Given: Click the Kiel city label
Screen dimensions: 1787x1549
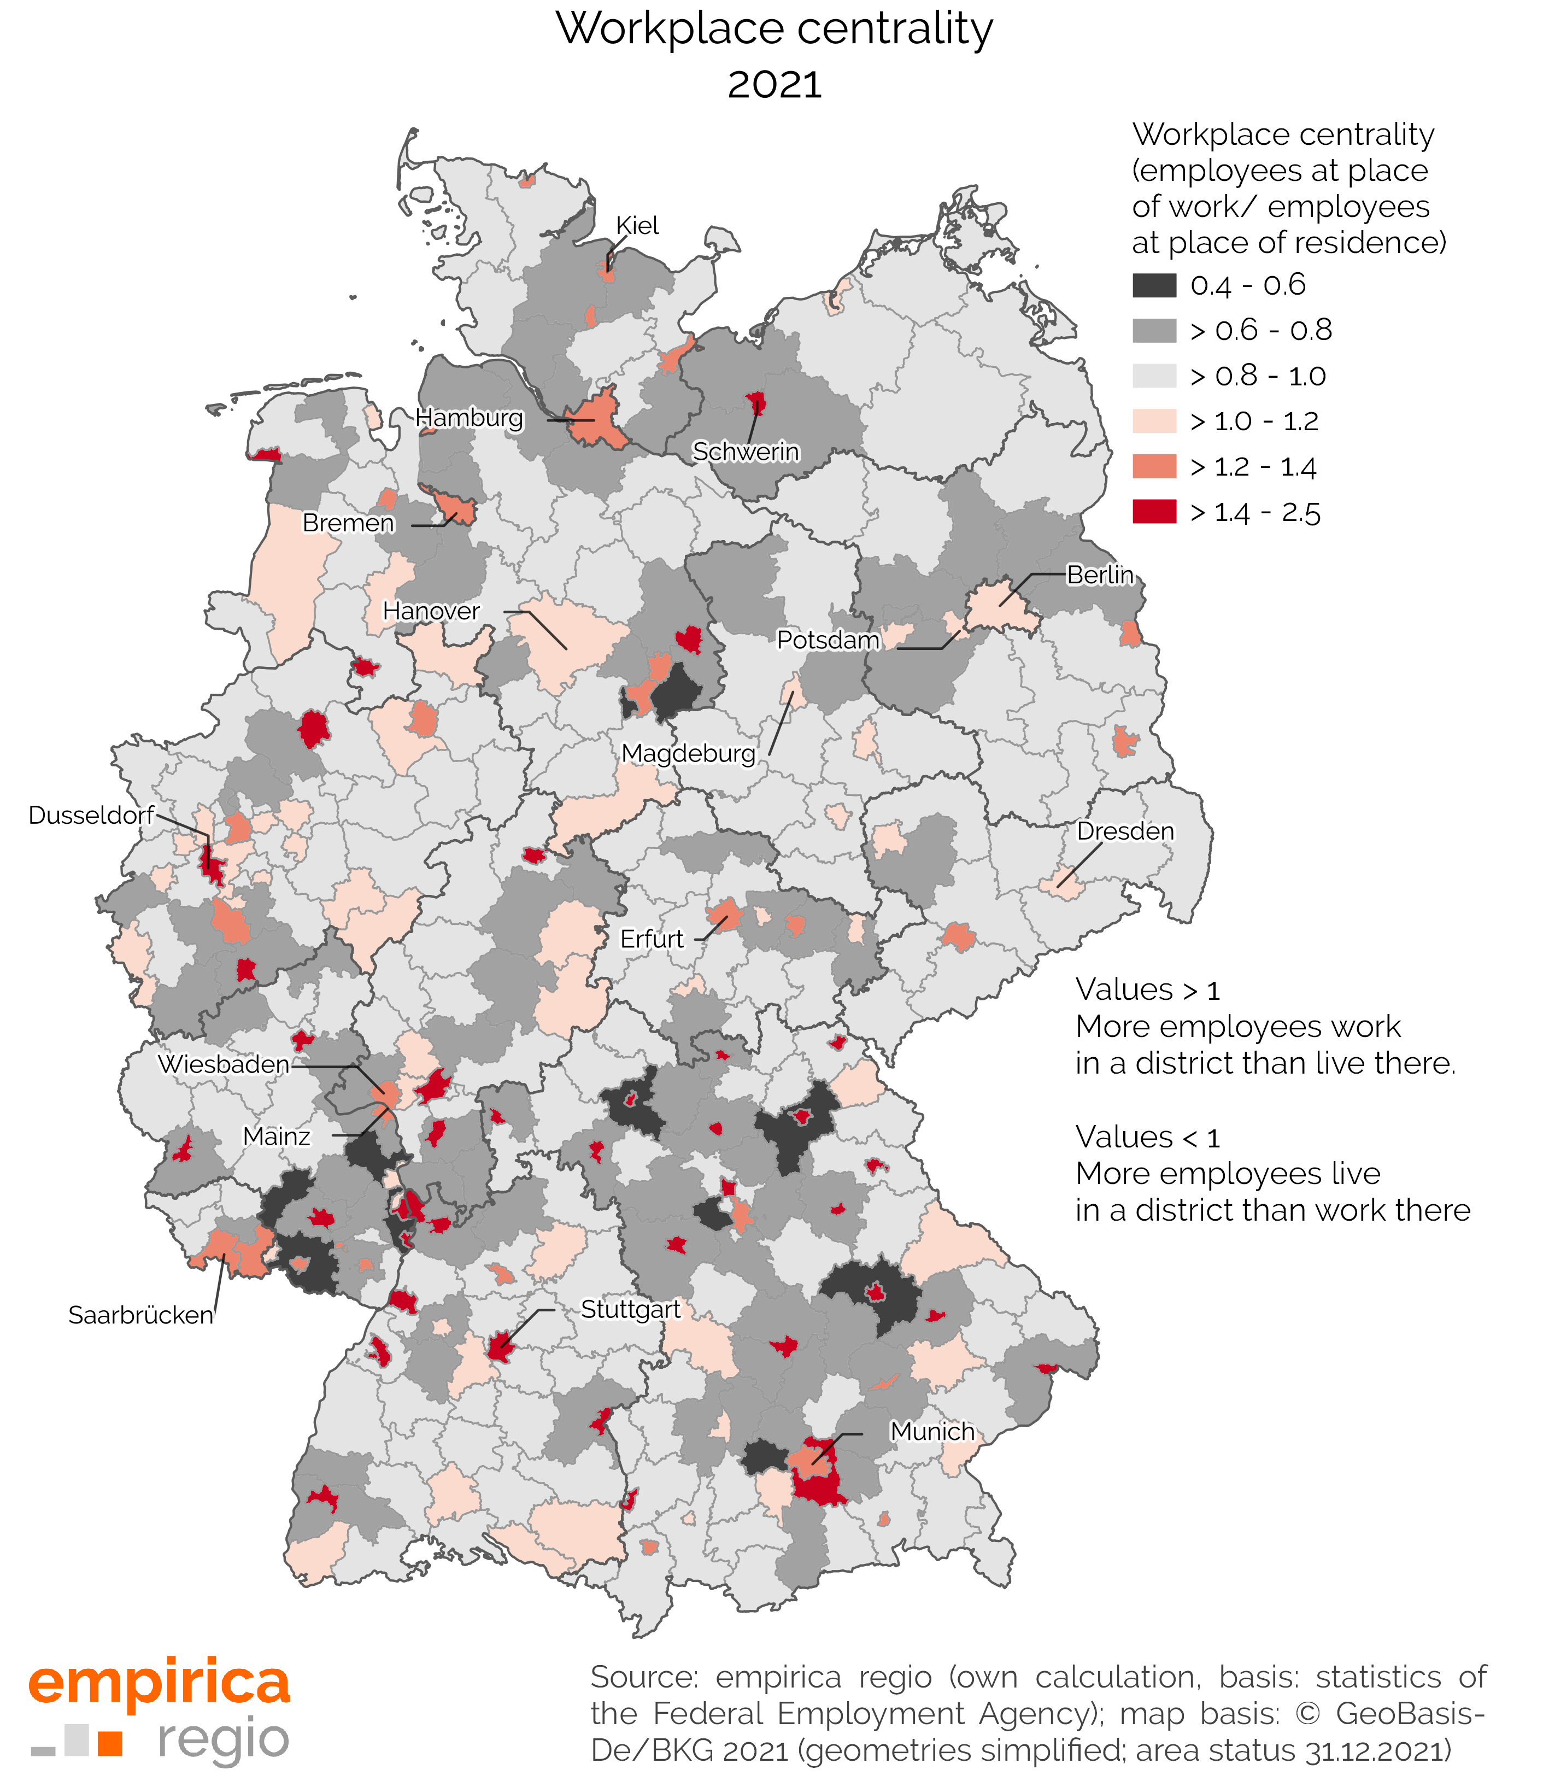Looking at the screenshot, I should coord(637,226).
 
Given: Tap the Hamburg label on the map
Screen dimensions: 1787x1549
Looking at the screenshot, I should coord(470,418).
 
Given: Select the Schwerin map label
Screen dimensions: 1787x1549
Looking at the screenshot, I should coord(746,452).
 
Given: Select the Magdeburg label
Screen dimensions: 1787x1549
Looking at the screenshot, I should coord(688,753).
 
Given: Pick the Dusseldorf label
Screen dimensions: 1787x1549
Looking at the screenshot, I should coord(91,815).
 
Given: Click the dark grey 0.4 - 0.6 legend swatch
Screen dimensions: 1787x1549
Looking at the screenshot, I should coord(1154,285).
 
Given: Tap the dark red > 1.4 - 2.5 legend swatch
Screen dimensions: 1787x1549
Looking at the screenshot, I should coord(1154,512).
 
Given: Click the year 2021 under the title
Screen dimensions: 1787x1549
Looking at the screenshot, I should coord(774,85).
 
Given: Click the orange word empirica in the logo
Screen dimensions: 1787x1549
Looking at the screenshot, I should coord(160,1683).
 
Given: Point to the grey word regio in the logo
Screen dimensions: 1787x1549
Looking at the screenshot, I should coord(223,1741).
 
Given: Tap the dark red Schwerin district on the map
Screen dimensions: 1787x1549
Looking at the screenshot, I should coord(757,403).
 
